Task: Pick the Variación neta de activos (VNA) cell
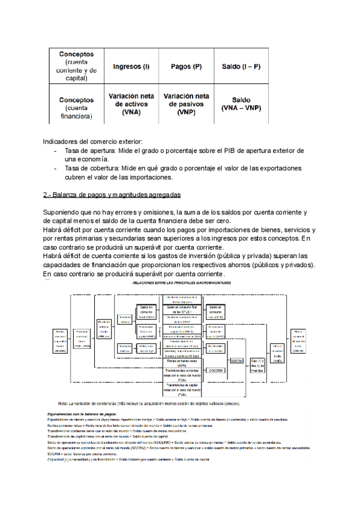(x=131, y=104)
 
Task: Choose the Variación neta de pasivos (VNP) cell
(x=186, y=104)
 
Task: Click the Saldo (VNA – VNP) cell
(x=241, y=104)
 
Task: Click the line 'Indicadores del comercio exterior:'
(x=92, y=140)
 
